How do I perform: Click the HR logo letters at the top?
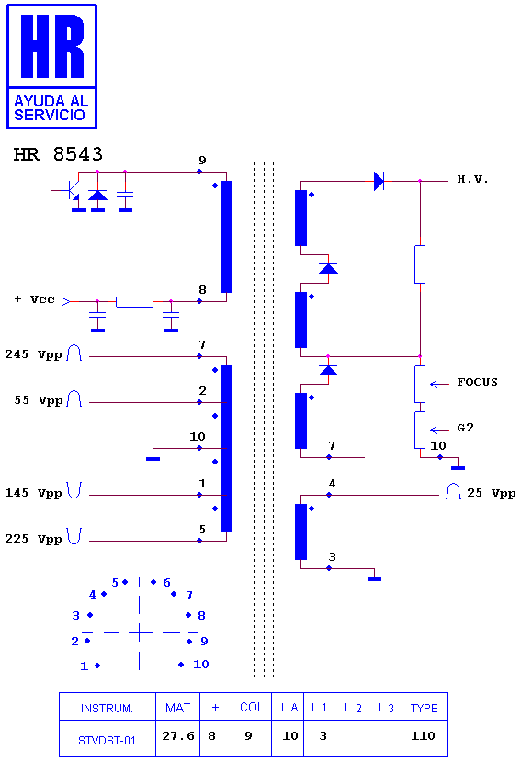pyautogui.click(x=52, y=46)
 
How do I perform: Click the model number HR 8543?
pyautogui.click(x=58, y=154)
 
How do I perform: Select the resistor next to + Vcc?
pyautogui.click(x=135, y=301)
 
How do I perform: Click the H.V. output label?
pyautogui.click(x=472, y=179)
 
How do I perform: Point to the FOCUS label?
pyautogui.click(x=477, y=382)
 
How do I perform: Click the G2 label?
pyautogui.click(x=465, y=428)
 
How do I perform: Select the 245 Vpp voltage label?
pyautogui.click(x=33, y=354)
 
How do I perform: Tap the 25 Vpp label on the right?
pyautogui.click(x=492, y=493)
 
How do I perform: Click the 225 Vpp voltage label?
pyautogui.click(x=33, y=539)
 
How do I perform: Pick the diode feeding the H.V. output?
pyautogui.click(x=379, y=181)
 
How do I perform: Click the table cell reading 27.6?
pyautogui.click(x=178, y=736)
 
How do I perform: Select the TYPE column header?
pyautogui.click(x=425, y=708)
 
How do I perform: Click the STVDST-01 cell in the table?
pyautogui.click(x=107, y=740)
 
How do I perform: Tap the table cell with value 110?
pyautogui.click(x=423, y=736)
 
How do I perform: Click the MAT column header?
pyautogui.click(x=178, y=708)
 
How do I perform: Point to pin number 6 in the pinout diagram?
pyautogui.click(x=166, y=582)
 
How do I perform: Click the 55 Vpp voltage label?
pyautogui.click(x=39, y=400)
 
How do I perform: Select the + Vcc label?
pyautogui.click(x=34, y=299)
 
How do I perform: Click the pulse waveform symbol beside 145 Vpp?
pyautogui.click(x=74, y=490)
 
